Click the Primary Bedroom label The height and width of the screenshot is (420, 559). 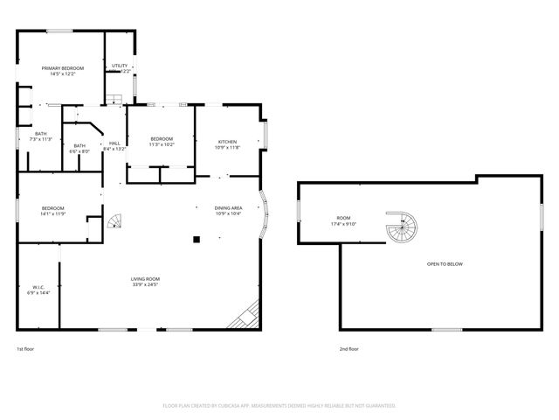point(62,67)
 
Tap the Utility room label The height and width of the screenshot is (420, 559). point(120,66)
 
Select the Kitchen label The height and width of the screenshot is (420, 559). point(227,141)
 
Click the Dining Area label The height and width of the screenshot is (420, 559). point(228,207)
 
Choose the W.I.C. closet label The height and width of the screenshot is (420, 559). point(38,286)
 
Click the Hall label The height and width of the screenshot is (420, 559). point(114,143)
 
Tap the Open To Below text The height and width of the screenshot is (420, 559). point(444,263)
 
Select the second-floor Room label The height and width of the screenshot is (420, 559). point(343,218)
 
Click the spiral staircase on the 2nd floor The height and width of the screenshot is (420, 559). point(403,230)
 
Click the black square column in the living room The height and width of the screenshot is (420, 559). point(197,238)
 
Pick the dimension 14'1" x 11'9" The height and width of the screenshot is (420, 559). point(53,213)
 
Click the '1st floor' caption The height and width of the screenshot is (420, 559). point(25,348)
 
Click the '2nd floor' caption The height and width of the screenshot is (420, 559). point(349,348)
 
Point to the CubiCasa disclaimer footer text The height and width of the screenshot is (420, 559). point(279,405)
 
